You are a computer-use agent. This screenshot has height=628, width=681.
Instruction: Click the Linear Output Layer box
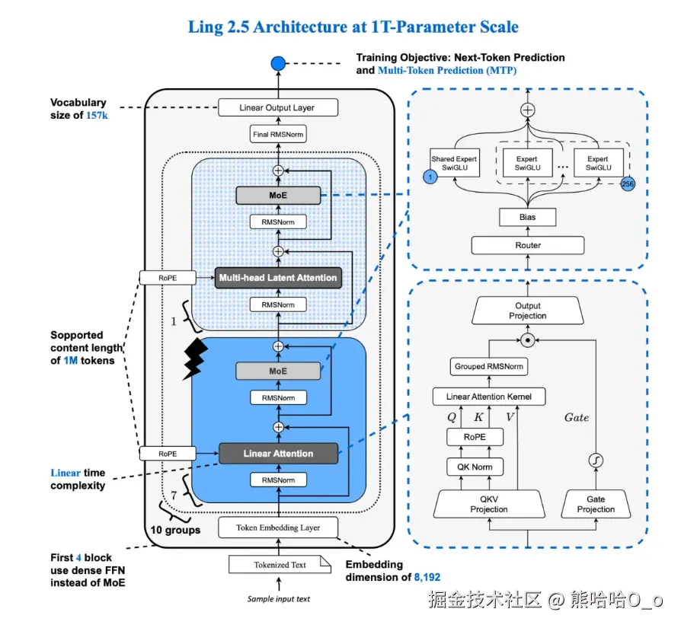277,107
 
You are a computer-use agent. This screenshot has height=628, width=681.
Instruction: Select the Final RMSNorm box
277,135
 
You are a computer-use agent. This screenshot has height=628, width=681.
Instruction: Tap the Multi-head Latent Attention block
278,278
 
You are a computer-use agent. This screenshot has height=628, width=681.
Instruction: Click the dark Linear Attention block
278,454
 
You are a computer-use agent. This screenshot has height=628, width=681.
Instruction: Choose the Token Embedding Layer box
278,527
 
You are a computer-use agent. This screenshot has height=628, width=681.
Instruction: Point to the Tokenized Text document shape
280,565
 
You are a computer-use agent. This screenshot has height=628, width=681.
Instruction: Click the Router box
528,245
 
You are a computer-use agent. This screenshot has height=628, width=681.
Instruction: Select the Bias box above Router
528,217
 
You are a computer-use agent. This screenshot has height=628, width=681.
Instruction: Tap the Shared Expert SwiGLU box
454,163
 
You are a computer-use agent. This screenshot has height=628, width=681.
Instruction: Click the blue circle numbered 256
628,183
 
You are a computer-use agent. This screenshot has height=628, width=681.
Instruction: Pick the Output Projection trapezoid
528,311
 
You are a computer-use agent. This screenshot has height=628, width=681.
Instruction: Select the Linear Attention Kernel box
488,397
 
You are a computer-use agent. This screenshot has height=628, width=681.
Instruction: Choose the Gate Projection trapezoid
596,504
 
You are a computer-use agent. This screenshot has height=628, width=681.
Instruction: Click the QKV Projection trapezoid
488,504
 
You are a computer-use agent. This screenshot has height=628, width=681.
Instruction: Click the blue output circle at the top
278,62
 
